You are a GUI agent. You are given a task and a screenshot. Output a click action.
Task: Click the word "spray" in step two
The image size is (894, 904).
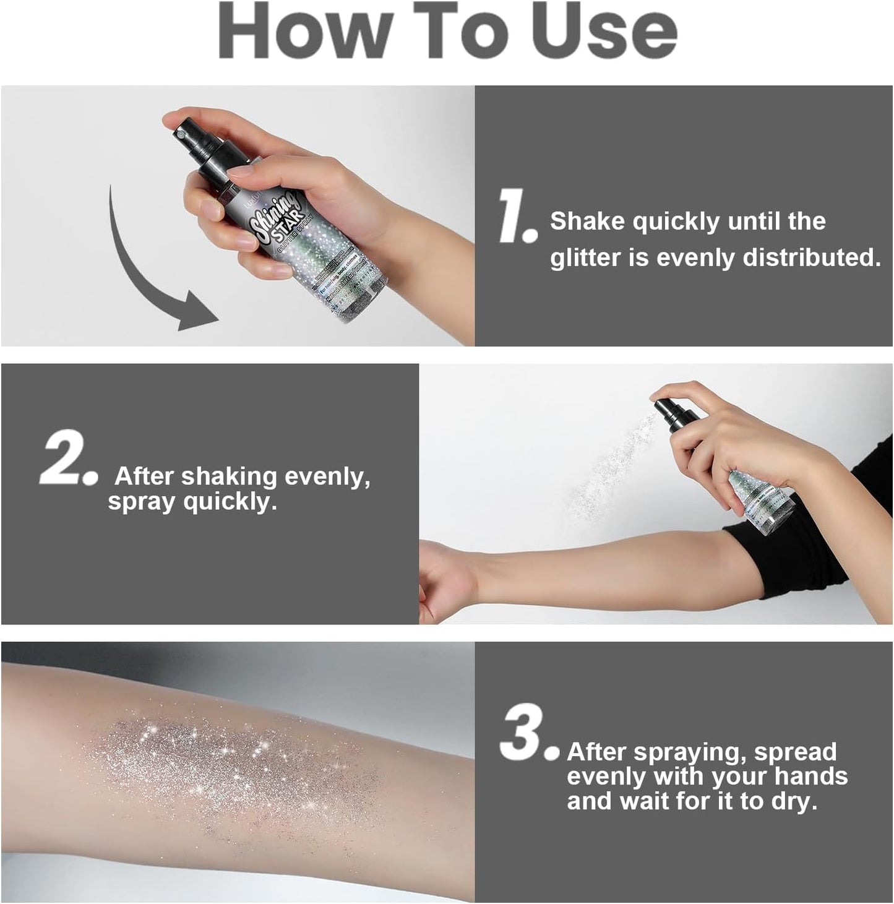pos(142,501)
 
